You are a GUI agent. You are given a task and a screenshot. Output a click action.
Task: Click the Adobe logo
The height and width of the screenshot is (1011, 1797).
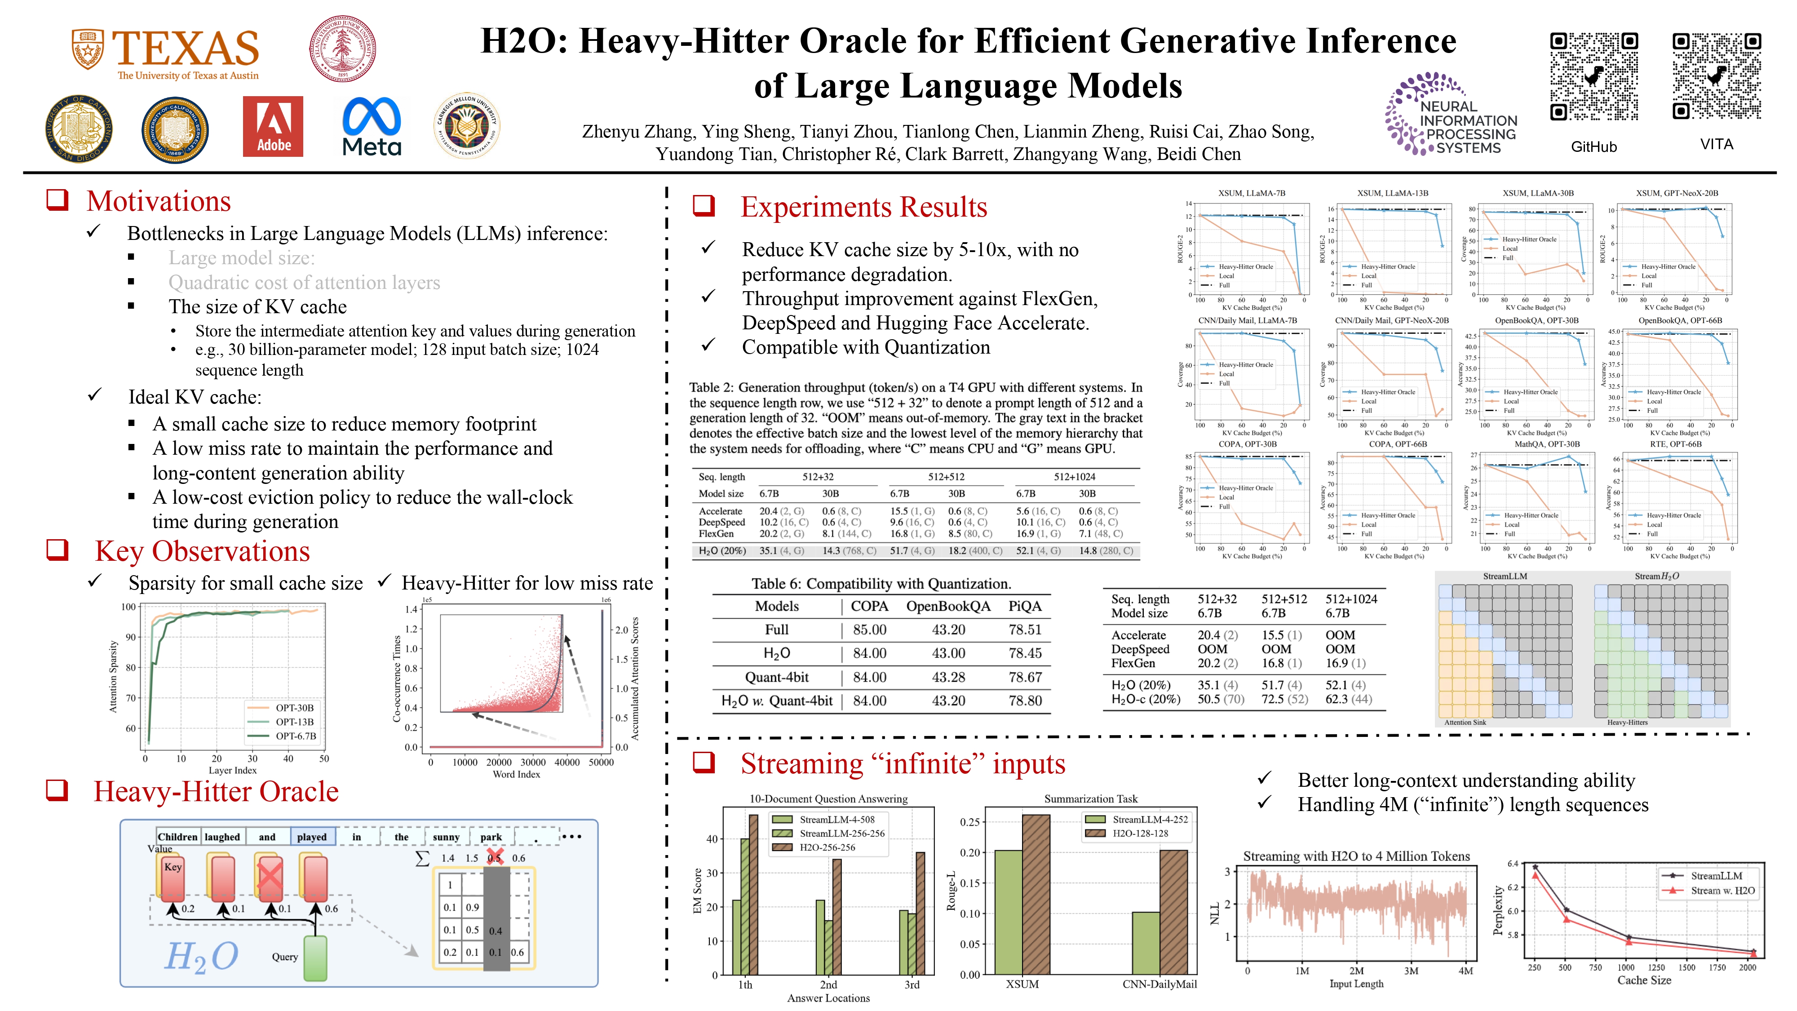point(273,126)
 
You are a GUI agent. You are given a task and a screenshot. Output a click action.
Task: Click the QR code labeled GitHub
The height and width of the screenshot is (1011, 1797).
point(1594,77)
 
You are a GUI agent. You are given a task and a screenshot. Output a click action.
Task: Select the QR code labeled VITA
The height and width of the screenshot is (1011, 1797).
point(1716,77)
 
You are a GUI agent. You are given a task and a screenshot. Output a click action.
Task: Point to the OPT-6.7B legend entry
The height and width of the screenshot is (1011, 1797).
point(295,736)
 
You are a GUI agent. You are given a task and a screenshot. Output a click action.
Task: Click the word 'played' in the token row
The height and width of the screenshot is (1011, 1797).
point(312,837)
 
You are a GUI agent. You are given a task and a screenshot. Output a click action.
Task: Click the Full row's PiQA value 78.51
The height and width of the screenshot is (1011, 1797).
point(1025,630)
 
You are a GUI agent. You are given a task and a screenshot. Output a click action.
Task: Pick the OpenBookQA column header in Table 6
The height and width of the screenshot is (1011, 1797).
point(948,606)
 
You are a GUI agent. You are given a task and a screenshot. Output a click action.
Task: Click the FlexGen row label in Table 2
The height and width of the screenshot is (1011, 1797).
point(716,534)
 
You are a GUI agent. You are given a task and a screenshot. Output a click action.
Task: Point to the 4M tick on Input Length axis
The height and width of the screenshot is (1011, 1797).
point(1465,971)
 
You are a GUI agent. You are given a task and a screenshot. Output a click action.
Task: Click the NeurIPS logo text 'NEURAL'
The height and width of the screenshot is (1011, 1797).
point(1449,107)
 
